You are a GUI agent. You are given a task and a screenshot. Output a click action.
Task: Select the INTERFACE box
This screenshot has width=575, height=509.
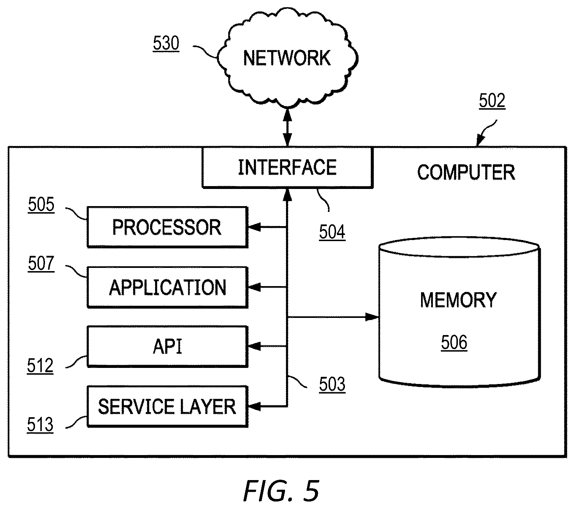click(x=287, y=168)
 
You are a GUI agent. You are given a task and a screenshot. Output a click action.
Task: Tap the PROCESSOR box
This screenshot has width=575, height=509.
click(x=167, y=227)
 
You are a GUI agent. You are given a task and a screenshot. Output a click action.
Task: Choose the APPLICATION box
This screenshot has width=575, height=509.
click(x=167, y=287)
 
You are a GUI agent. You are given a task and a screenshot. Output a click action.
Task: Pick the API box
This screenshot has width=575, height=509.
click(x=167, y=346)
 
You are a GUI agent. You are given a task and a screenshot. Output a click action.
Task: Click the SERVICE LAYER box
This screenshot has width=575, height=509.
click(x=167, y=406)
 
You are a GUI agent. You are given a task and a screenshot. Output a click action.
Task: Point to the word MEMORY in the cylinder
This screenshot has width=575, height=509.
click(x=458, y=300)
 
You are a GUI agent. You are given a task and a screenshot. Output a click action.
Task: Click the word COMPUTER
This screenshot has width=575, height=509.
click(x=466, y=172)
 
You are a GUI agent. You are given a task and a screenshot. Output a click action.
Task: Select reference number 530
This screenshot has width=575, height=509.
click(x=166, y=44)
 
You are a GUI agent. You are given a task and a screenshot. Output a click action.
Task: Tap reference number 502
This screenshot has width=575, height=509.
click(x=492, y=101)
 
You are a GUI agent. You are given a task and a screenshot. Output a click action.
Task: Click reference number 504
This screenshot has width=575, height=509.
click(x=332, y=232)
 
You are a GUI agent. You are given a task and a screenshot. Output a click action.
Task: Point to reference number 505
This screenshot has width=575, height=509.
click(x=41, y=205)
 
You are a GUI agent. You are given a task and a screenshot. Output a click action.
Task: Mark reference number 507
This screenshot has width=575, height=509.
click(x=41, y=264)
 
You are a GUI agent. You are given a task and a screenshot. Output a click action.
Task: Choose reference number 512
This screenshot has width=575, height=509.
click(x=40, y=366)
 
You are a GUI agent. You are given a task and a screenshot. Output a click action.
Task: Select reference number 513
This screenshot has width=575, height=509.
click(x=40, y=425)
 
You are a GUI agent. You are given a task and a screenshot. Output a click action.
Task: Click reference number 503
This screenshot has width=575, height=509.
click(x=332, y=385)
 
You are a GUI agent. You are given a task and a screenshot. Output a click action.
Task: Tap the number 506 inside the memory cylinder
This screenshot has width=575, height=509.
click(x=454, y=343)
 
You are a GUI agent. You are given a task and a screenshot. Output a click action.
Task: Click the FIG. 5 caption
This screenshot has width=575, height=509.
click(x=281, y=491)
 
